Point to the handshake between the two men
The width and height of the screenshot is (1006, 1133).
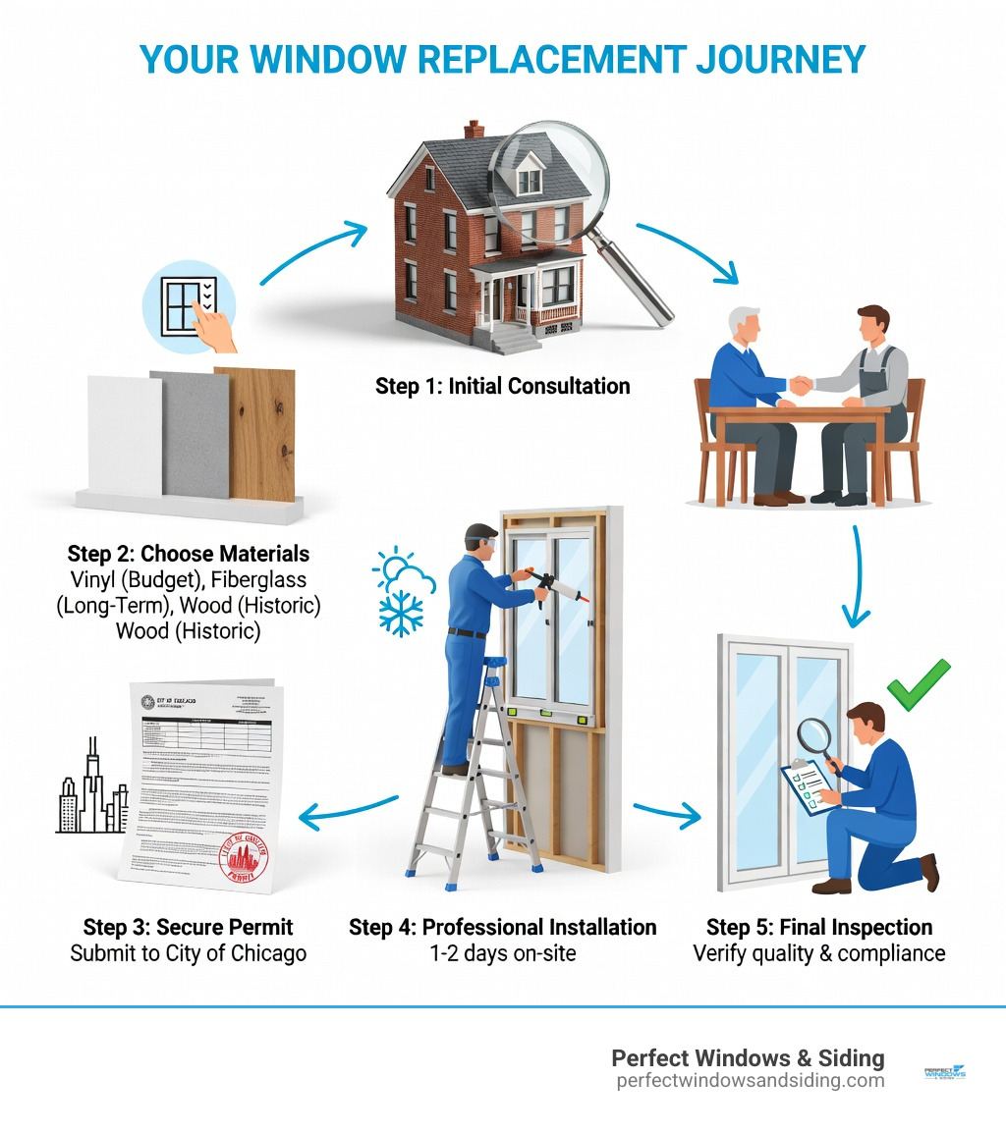coord(802,386)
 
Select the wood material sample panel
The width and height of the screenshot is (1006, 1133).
coord(254,432)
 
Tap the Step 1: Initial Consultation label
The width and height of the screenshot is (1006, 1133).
coord(502,386)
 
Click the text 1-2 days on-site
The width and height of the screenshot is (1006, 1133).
coord(502,952)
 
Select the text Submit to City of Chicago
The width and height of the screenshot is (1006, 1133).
coord(188,952)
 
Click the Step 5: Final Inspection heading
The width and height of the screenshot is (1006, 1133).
coord(819,927)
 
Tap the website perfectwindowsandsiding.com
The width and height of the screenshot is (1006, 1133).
coord(750,1081)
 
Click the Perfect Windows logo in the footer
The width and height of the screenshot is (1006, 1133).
coord(945,1073)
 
